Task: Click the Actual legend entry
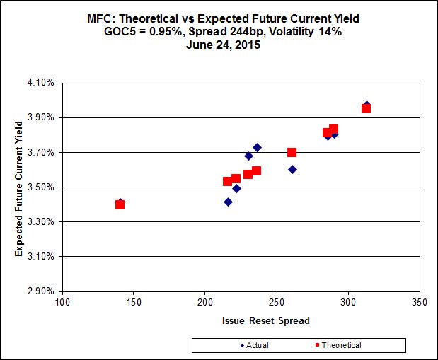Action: pos(256,345)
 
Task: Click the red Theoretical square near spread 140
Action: pos(120,204)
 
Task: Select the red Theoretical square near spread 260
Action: pos(292,152)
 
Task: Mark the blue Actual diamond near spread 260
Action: pos(292,170)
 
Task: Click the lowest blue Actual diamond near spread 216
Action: pos(228,202)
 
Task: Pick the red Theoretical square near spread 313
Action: pos(366,108)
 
